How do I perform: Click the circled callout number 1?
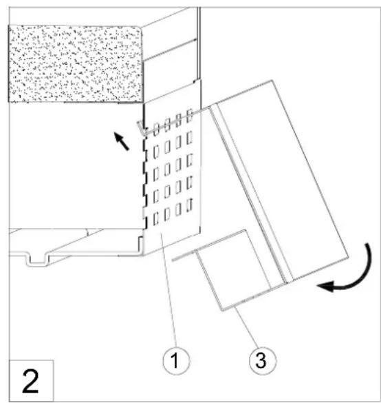176,360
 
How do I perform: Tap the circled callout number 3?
263,360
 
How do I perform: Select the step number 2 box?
31,381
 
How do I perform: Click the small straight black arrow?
122,141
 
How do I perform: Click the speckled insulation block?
76,64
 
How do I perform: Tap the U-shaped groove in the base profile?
38,260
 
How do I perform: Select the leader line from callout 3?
246,328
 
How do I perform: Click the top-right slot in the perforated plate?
190,115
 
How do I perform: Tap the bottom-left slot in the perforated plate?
156,219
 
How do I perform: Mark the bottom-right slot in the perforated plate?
190,205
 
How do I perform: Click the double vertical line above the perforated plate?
198,43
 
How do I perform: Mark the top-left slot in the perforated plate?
156,130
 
